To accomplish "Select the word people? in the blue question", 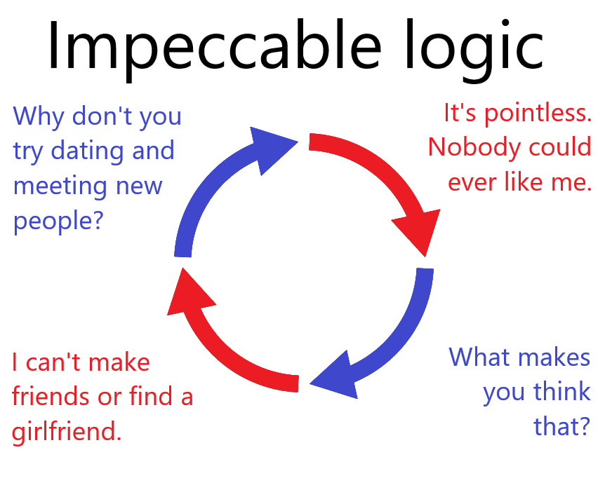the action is (58, 221).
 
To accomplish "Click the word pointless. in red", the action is (538, 114).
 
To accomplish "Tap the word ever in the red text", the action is (472, 183).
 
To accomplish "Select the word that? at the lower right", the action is (561, 426).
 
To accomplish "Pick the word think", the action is (561, 392).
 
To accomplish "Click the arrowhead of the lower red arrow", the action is (188, 294).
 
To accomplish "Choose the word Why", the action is (39, 117).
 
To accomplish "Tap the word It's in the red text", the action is (460, 114).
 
